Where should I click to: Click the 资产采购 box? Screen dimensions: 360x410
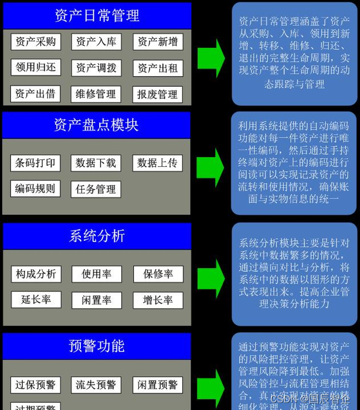tap(35, 42)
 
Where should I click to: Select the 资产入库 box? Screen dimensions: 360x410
tap(96, 42)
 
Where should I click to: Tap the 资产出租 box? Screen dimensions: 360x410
tap(158, 68)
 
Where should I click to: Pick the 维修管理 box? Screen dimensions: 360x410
tap(96, 94)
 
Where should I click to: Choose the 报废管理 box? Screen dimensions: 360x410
tap(158, 94)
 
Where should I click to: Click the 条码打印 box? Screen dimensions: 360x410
tap(35, 163)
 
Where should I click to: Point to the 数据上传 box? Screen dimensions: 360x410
tap(157, 163)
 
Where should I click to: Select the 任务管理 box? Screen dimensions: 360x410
tap(96, 189)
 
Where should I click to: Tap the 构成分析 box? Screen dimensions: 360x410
tap(35, 274)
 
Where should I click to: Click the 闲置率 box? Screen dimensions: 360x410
tap(96, 300)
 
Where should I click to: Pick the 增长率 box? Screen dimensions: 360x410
tap(158, 300)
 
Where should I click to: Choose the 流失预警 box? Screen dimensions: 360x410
tap(96, 385)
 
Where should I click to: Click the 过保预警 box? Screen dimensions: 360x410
tap(35, 385)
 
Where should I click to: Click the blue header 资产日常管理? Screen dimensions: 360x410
tap(97, 15)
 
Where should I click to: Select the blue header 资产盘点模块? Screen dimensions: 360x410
tap(97, 125)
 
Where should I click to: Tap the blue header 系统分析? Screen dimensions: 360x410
tap(97, 236)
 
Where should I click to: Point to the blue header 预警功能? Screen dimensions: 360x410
tap(97, 346)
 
